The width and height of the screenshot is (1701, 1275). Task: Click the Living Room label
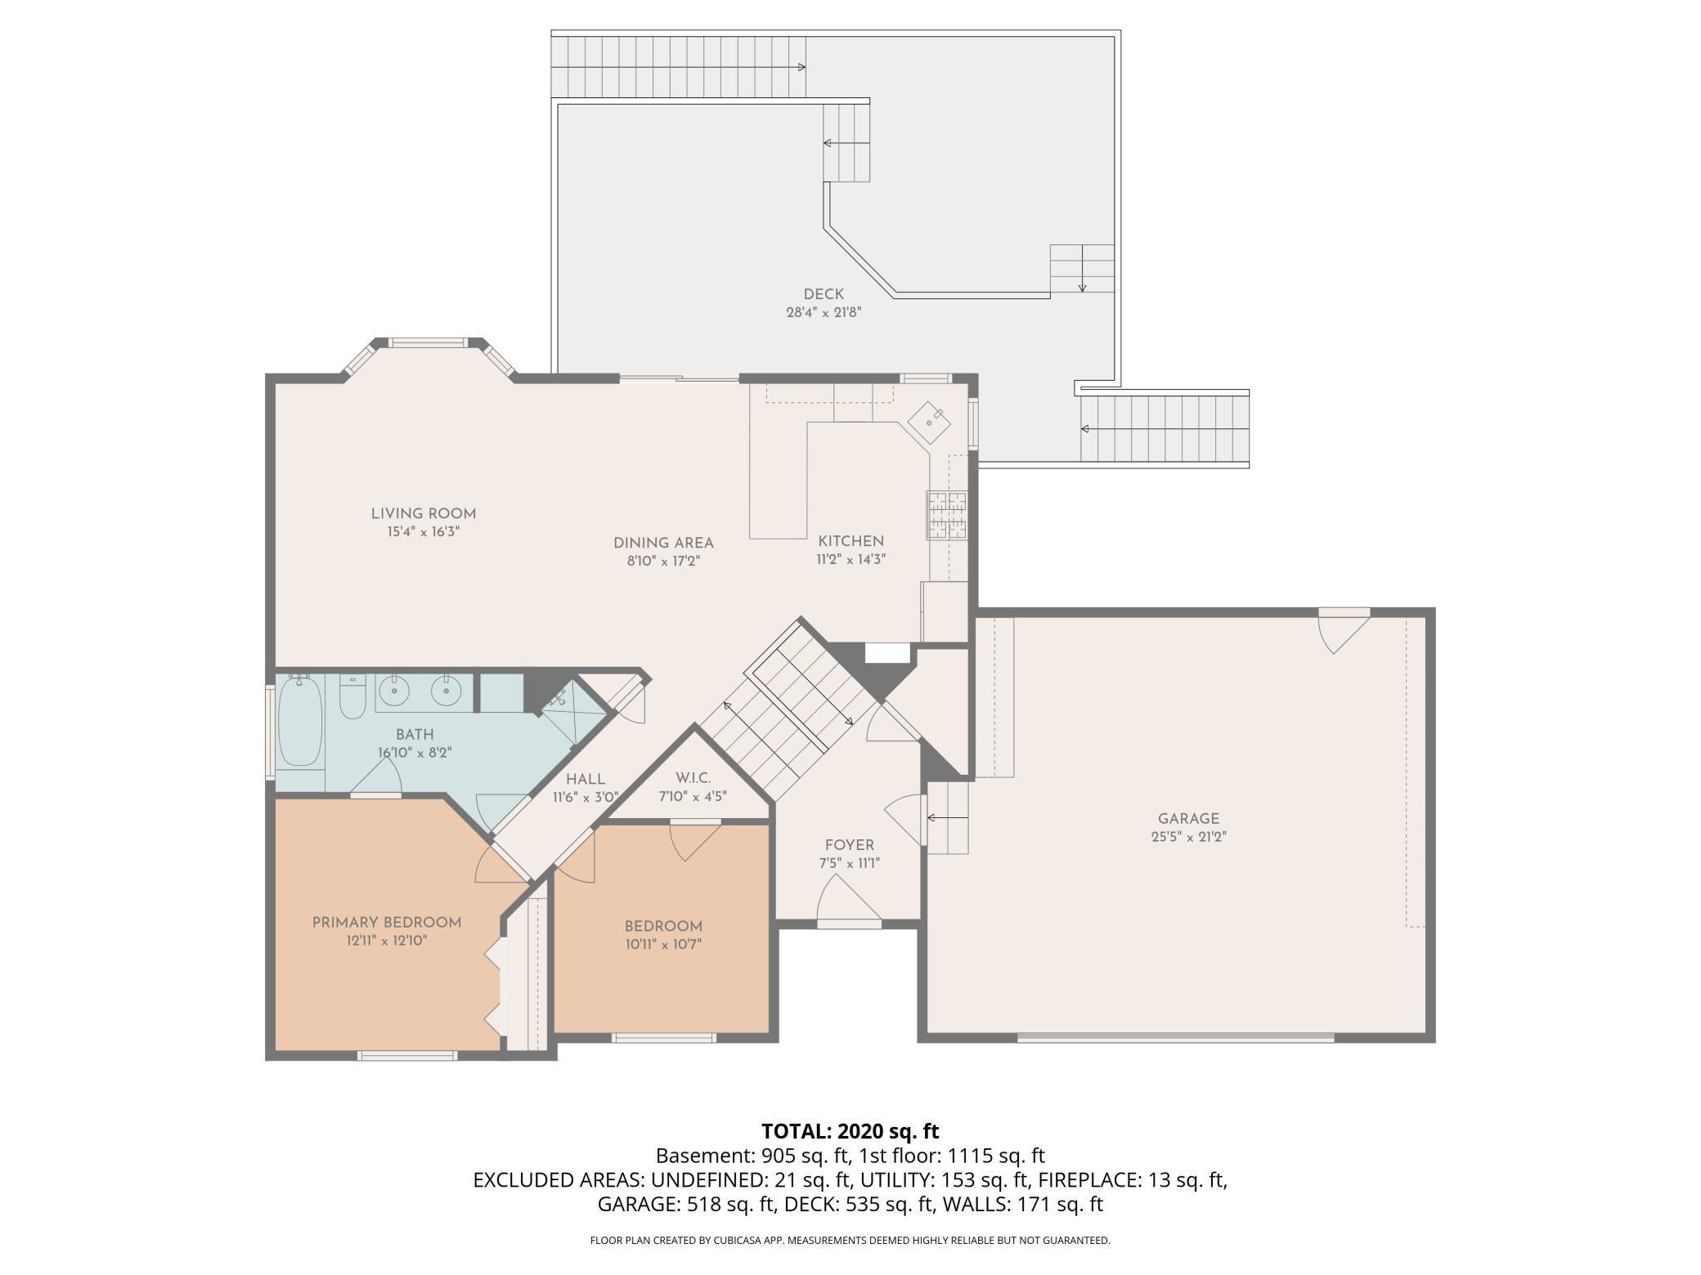(423, 514)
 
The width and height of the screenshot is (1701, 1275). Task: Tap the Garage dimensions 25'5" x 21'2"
(1188, 837)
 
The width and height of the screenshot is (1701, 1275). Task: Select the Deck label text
(824, 294)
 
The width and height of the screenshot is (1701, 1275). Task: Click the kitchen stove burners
(946, 516)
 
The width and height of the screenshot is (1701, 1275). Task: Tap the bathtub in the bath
(299, 721)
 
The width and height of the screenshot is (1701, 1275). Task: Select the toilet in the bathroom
(352, 696)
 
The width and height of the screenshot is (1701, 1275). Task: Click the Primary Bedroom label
(387, 923)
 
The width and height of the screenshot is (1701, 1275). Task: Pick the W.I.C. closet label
(693, 778)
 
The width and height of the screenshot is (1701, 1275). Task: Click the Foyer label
(849, 845)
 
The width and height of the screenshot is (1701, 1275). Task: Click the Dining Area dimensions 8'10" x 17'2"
(663, 561)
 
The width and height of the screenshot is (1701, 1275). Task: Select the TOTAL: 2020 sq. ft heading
(850, 1131)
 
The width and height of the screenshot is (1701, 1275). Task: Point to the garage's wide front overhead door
(1175, 1038)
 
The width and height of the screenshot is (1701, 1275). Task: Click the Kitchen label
(850, 541)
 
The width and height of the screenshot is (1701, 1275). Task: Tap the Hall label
(586, 780)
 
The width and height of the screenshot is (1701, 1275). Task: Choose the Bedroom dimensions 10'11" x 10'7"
(663, 945)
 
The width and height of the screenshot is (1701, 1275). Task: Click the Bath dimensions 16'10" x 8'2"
(415, 753)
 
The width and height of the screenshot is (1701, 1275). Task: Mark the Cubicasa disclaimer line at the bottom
(850, 1241)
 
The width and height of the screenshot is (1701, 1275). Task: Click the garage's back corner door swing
(1344, 631)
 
